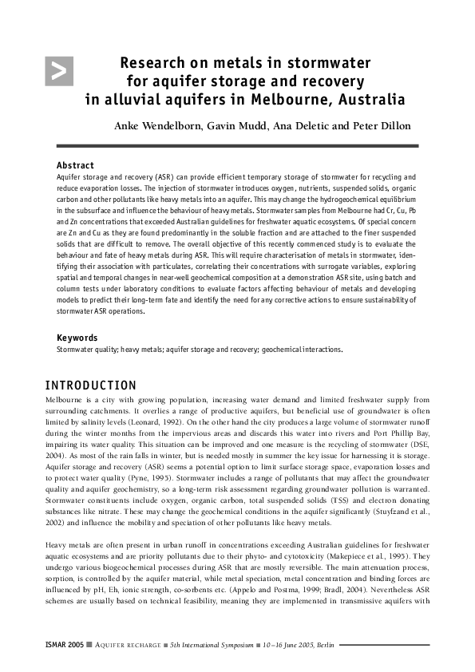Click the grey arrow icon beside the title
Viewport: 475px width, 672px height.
(x=60, y=71)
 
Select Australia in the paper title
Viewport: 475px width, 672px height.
(x=370, y=100)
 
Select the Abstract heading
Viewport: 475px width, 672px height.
(x=75, y=165)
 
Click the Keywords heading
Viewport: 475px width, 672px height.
(x=77, y=338)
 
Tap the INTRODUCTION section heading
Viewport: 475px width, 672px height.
(x=90, y=385)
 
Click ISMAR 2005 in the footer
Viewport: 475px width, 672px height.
(x=65, y=643)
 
